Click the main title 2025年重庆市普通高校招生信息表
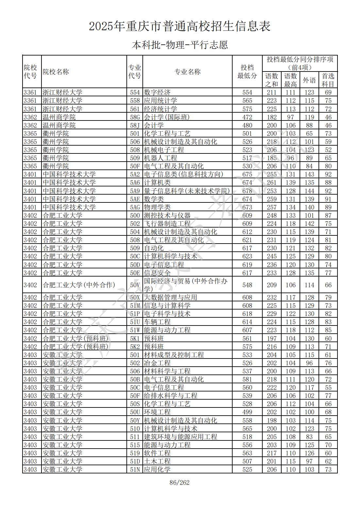(x=180, y=26)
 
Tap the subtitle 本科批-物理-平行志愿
(x=180, y=45)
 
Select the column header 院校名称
(x=56, y=72)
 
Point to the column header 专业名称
(x=187, y=72)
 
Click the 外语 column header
(x=309, y=80)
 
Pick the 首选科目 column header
(x=328, y=80)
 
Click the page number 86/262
(x=180, y=483)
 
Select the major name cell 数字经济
(x=157, y=92)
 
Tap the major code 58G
(x=135, y=117)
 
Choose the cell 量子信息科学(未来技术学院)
(x=187, y=191)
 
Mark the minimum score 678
(x=247, y=191)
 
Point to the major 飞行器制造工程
(x=167, y=224)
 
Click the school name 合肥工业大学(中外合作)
(x=79, y=285)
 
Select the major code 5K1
(x=135, y=339)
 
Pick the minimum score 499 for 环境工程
(x=247, y=412)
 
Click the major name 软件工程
(x=157, y=453)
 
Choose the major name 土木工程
(x=157, y=461)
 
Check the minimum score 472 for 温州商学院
(x=247, y=117)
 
